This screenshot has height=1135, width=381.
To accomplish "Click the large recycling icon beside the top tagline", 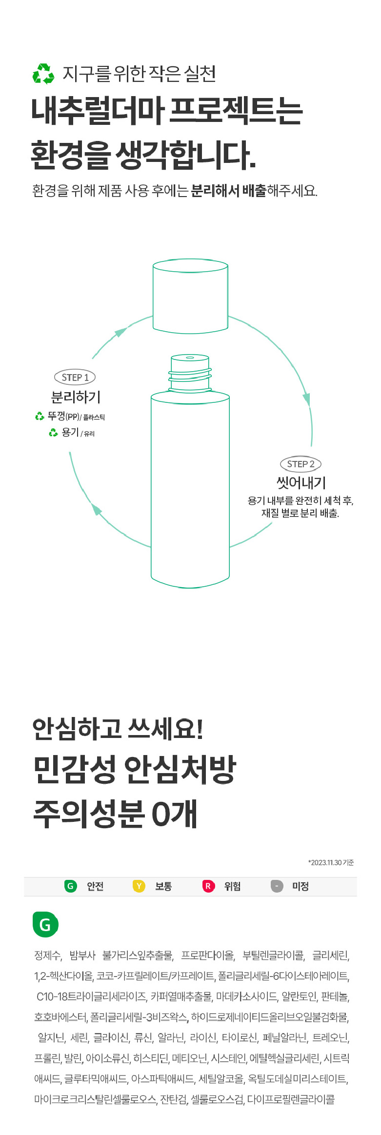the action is tap(43, 74).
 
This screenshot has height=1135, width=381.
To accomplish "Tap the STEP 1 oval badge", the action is tap(75, 377).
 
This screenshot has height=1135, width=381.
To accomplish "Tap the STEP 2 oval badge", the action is tap(301, 464).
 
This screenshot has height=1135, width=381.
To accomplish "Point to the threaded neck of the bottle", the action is tap(190, 374).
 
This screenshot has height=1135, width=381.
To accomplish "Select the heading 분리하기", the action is tap(76, 397).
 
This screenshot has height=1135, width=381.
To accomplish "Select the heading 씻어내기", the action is tap(301, 483).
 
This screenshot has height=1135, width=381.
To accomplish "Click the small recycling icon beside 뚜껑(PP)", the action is tap(40, 416).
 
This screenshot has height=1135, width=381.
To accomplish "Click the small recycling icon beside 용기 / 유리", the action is tap(53, 433).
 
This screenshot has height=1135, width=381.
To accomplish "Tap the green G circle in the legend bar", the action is tap(70, 886).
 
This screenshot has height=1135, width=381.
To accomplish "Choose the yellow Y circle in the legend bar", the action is tap(139, 886).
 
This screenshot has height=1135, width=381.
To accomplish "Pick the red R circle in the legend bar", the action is tap(208, 886).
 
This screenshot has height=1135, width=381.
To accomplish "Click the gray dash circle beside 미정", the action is tap(277, 886).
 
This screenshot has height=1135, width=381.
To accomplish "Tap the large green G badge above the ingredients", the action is tap(45, 924).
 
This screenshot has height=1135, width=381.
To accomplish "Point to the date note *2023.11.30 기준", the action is tap(331, 862).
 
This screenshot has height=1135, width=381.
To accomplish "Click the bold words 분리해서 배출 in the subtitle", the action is tap(228, 190).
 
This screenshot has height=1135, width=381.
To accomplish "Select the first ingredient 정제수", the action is tap(47, 955).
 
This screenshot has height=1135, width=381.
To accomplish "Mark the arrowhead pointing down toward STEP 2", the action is tap(306, 399).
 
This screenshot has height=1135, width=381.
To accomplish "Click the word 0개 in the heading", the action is tap(174, 813).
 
